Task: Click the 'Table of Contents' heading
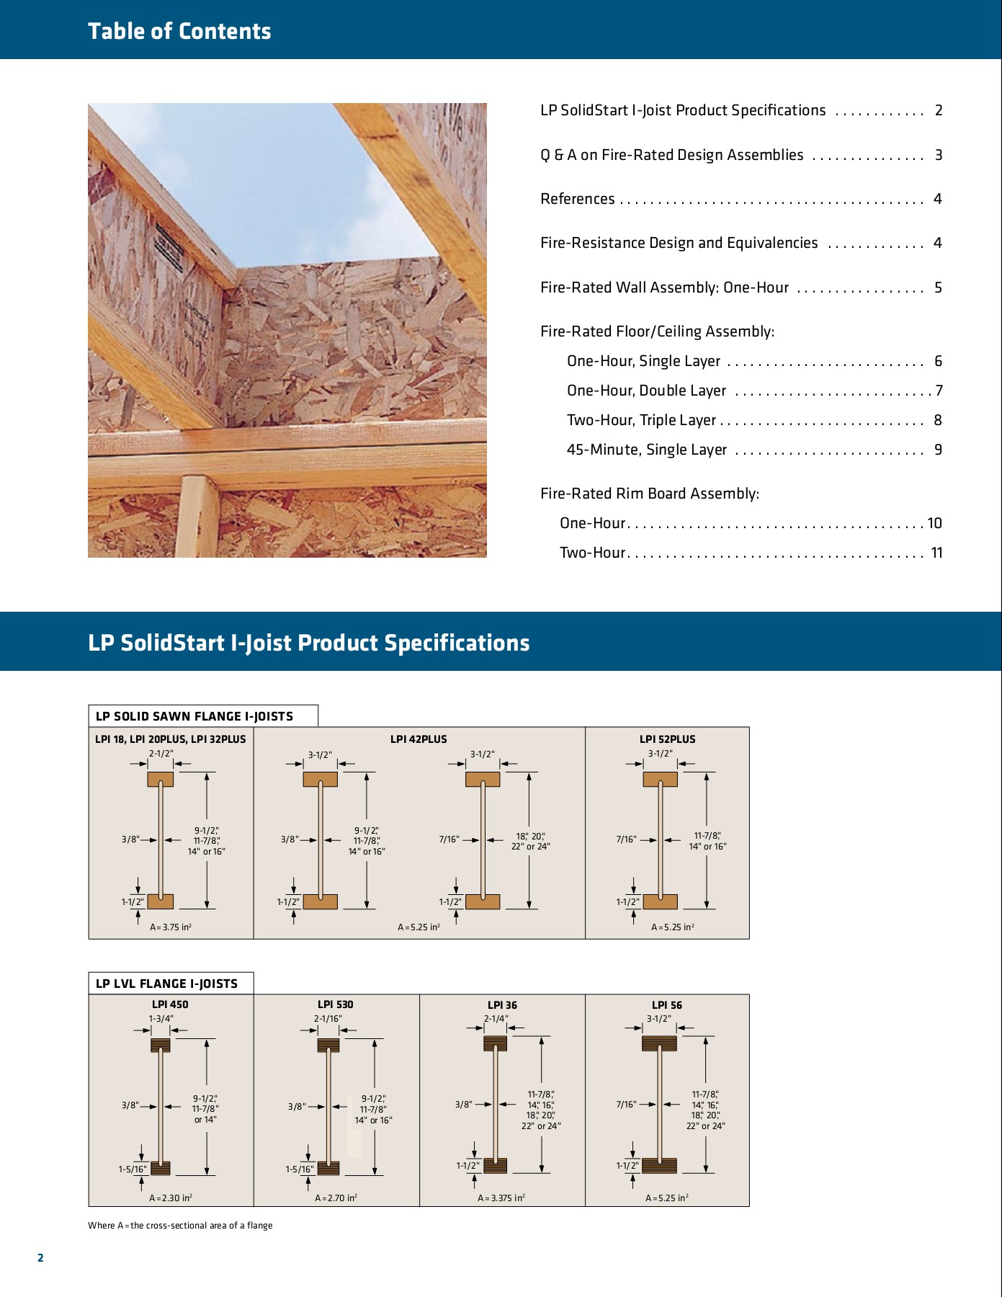179,31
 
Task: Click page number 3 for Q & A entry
938,155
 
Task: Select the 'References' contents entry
578,199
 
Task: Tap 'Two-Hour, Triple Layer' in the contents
641,420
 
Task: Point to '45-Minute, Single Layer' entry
647,450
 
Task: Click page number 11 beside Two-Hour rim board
936,553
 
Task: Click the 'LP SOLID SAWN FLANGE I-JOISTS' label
194,716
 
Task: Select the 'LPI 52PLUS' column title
667,739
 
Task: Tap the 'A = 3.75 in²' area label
171,927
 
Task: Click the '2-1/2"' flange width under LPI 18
161,754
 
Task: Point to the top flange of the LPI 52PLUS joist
660,779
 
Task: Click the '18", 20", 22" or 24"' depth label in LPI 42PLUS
530,842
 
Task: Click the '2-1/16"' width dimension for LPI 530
328,1019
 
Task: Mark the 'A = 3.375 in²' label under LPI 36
501,1198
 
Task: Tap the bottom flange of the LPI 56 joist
659,1166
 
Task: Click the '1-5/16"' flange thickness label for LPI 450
133,1169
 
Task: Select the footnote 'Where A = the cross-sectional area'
180,1226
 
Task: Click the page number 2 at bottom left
40,1258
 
